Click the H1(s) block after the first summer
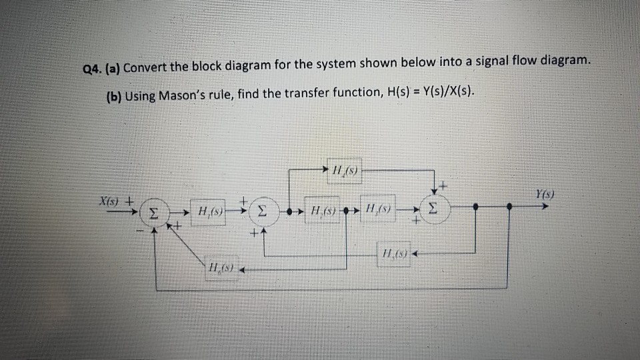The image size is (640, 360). click(211, 212)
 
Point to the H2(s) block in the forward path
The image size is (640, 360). click(323, 211)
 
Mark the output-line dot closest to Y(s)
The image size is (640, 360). click(510, 207)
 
